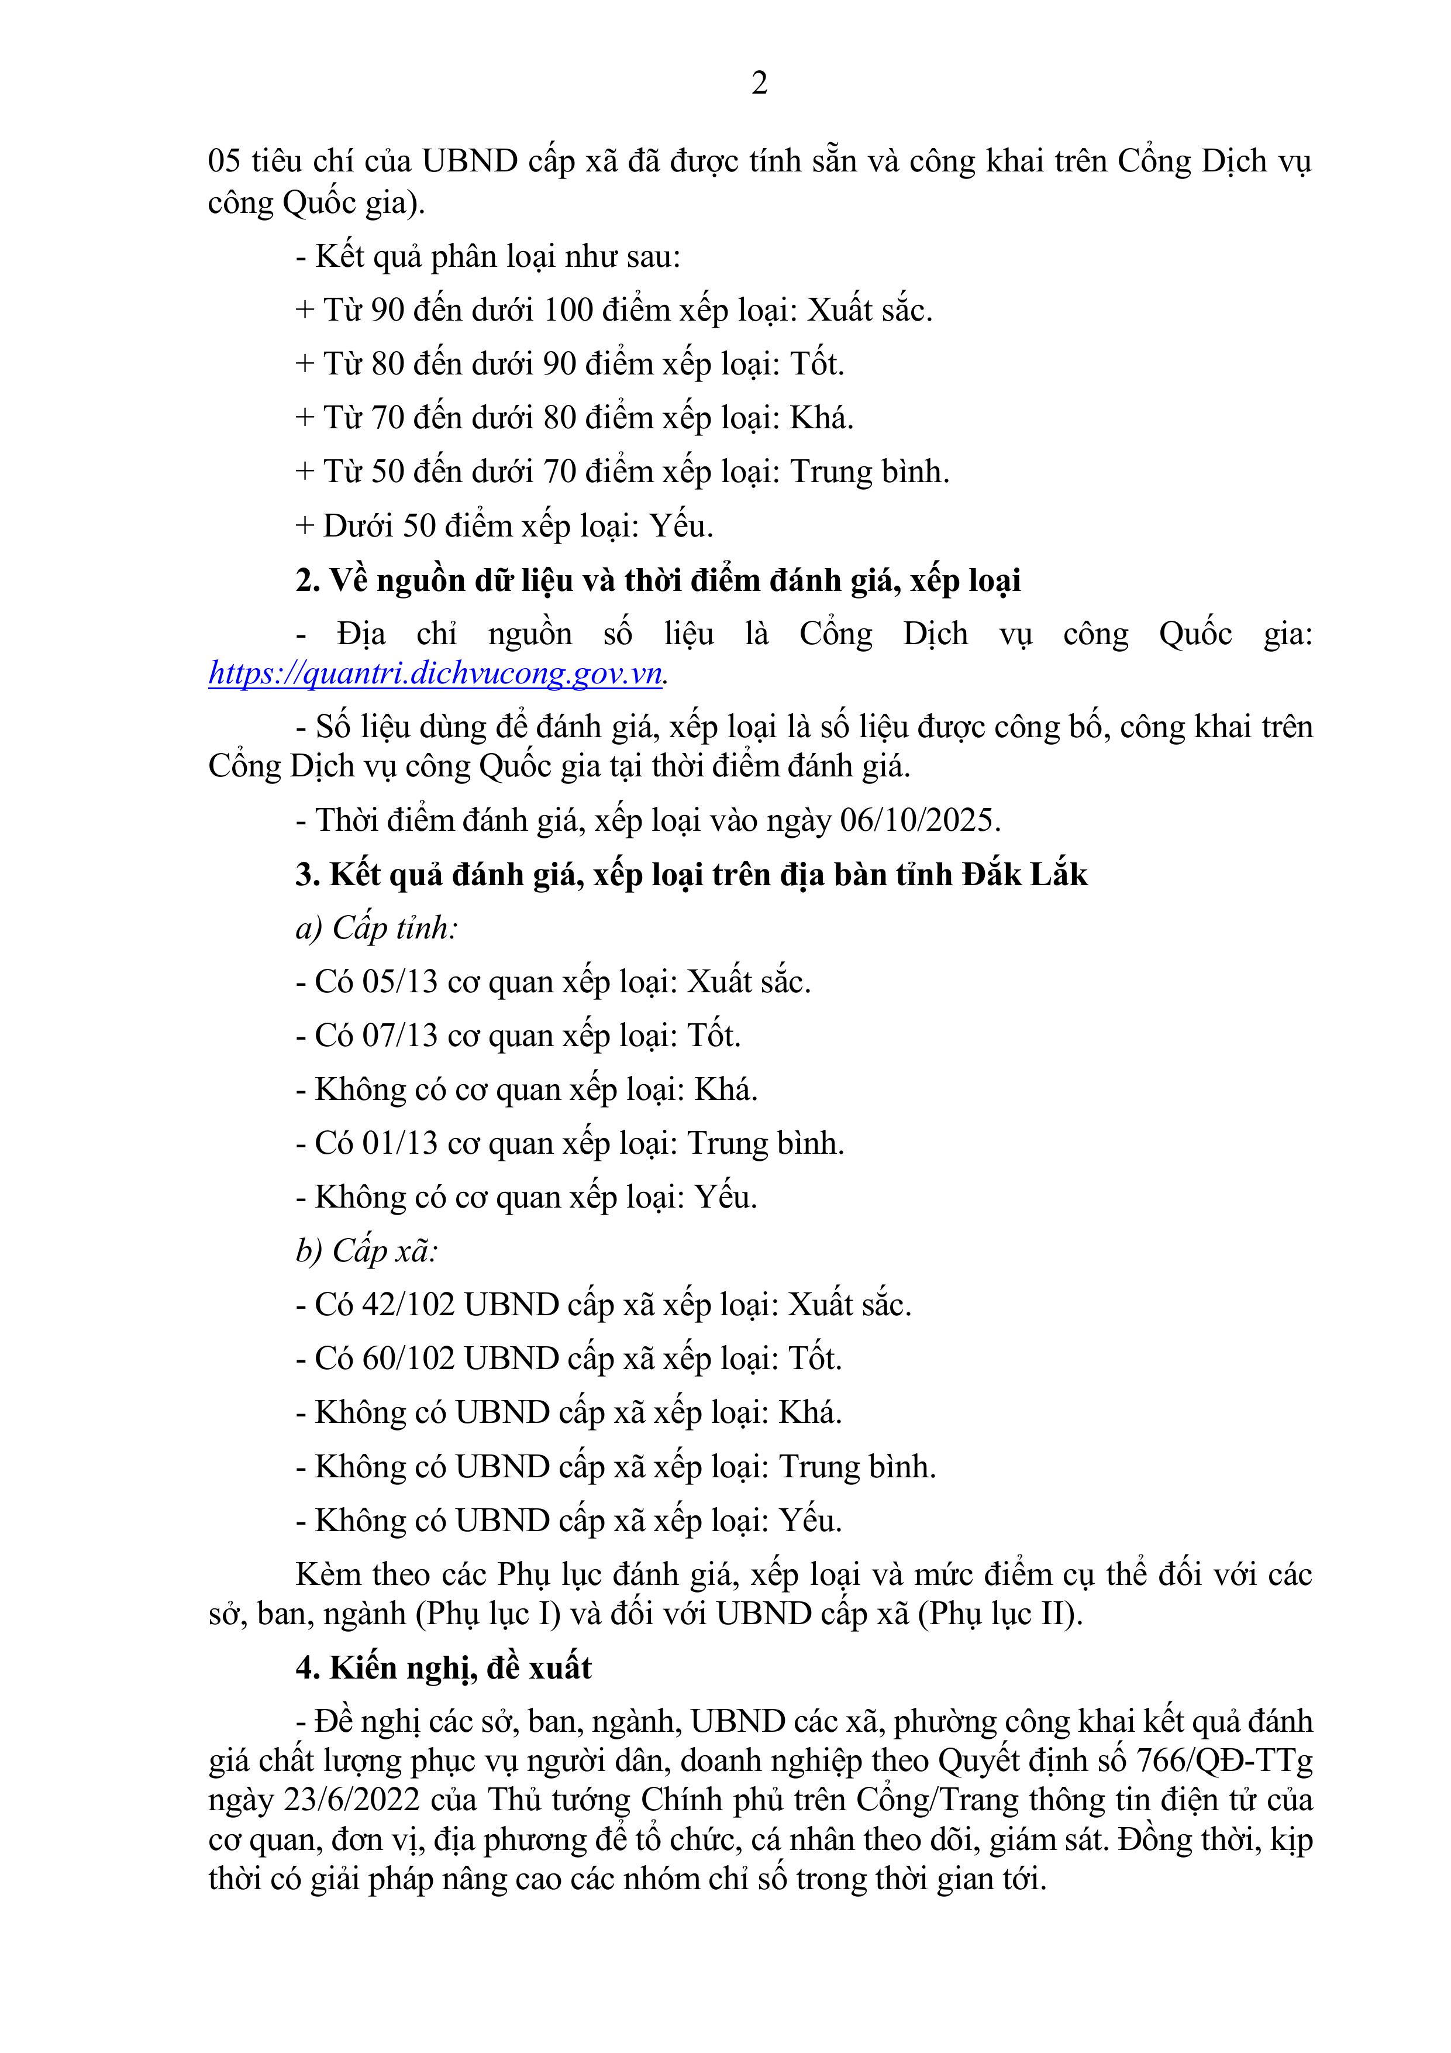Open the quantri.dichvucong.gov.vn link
click(435, 672)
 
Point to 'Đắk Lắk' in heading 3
click(1025, 875)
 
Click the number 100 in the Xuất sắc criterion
click(568, 310)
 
